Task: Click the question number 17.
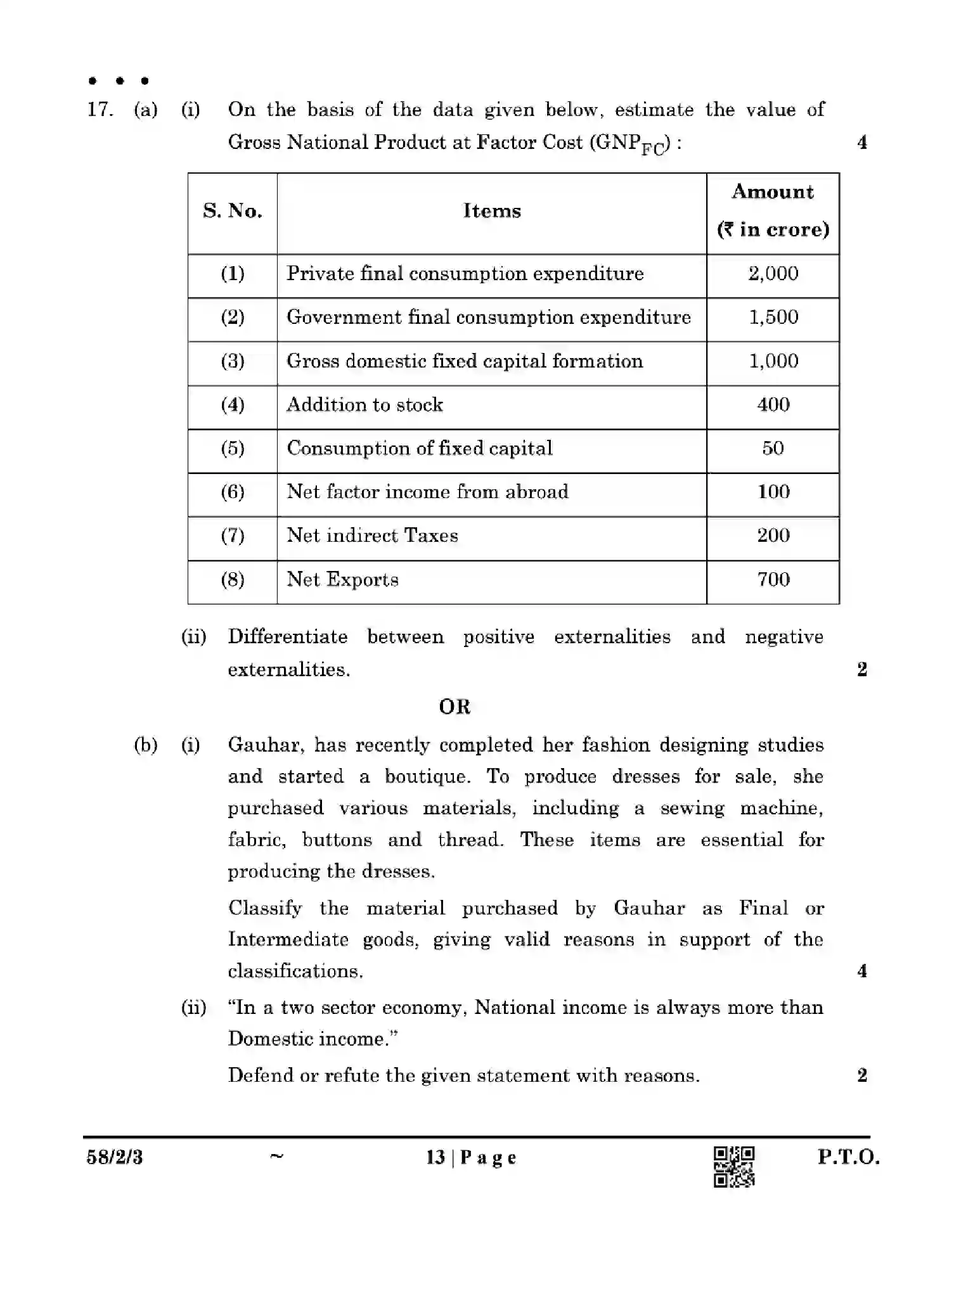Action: [x=100, y=110]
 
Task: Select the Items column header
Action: [x=491, y=211]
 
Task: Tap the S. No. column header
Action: [x=232, y=211]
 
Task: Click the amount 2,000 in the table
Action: [x=773, y=274]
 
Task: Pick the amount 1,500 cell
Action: [x=773, y=317]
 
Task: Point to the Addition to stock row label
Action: [x=364, y=405]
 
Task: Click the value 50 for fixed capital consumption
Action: [x=773, y=449]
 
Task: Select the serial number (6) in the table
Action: [x=232, y=492]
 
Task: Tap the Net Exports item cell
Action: [x=342, y=580]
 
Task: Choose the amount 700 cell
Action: [x=773, y=580]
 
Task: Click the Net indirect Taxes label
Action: [x=372, y=536]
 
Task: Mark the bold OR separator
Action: [x=454, y=707]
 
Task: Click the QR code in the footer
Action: [x=734, y=1166]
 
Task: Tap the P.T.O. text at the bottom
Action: [x=848, y=1157]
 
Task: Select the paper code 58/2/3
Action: [x=114, y=1158]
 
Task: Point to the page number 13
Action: [x=435, y=1158]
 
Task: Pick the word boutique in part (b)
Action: [x=425, y=777]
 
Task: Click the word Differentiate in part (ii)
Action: [x=287, y=637]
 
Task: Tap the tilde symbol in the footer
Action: [x=276, y=1156]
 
